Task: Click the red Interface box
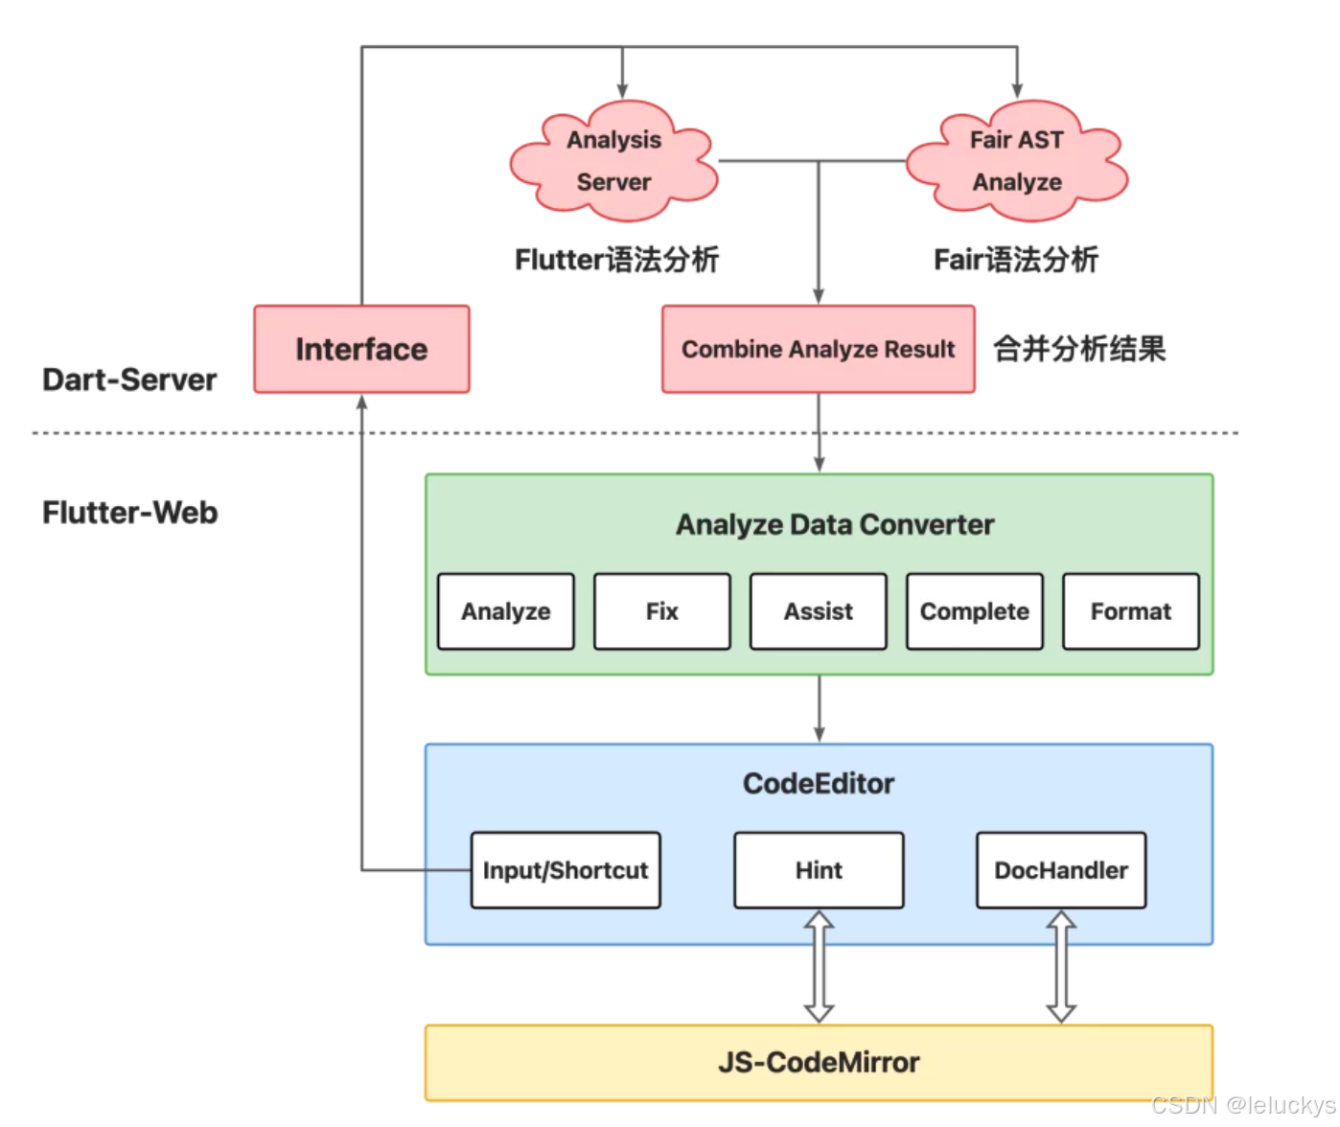pyautogui.click(x=361, y=349)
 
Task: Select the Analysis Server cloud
pyautogui.click(x=613, y=161)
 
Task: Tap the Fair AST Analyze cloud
pyautogui.click(x=1017, y=161)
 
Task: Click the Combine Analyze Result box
pyautogui.click(x=818, y=349)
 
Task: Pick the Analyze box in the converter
pyautogui.click(x=505, y=611)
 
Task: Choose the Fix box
pyautogui.click(x=661, y=611)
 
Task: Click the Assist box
pyautogui.click(x=818, y=611)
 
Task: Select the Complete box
pyautogui.click(x=974, y=611)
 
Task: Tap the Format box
pyautogui.click(x=1130, y=611)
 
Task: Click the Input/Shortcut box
pyautogui.click(x=566, y=870)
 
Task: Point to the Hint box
pyautogui.click(x=819, y=870)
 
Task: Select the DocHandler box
pyautogui.click(x=1060, y=870)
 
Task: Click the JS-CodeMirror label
pyautogui.click(x=819, y=1062)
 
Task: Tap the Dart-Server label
pyautogui.click(x=129, y=379)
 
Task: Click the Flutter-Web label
pyautogui.click(x=129, y=513)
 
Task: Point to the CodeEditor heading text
pyautogui.click(x=819, y=784)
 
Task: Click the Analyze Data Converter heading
pyautogui.click(x=835, y=524)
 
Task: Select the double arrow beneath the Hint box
pyautogui.click(x=819, y=966)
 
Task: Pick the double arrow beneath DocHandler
pyautogui.click(x=1061, y=966)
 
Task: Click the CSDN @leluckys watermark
pyautogui.click(x=1242, y=1105)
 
